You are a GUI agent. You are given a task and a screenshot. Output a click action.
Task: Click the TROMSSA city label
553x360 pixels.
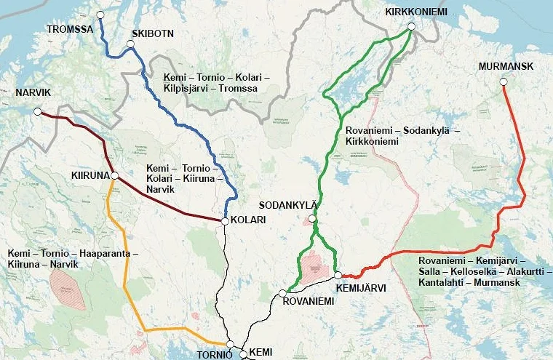70,29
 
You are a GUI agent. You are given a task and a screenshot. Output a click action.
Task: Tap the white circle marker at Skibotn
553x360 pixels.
131,45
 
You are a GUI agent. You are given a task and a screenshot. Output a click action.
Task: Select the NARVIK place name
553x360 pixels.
33,93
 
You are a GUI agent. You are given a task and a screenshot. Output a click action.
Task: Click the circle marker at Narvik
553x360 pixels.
38,112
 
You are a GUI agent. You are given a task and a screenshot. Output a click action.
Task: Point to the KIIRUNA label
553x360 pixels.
89,176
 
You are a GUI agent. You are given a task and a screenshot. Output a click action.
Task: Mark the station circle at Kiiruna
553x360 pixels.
114,175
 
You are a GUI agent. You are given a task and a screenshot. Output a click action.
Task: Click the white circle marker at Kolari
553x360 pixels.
226,220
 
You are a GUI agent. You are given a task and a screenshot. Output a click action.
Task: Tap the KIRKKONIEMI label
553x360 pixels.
416,12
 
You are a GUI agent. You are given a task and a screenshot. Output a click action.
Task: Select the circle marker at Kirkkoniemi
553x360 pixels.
411,27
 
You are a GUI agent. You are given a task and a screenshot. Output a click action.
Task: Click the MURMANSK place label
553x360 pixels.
506,67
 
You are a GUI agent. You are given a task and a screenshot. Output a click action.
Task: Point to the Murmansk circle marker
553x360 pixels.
504,82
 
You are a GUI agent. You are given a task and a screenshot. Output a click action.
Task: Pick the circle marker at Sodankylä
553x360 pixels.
312,218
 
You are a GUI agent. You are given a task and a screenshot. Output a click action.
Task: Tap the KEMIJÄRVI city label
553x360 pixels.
361,288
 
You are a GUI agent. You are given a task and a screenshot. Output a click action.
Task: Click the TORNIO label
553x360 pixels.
214,355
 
